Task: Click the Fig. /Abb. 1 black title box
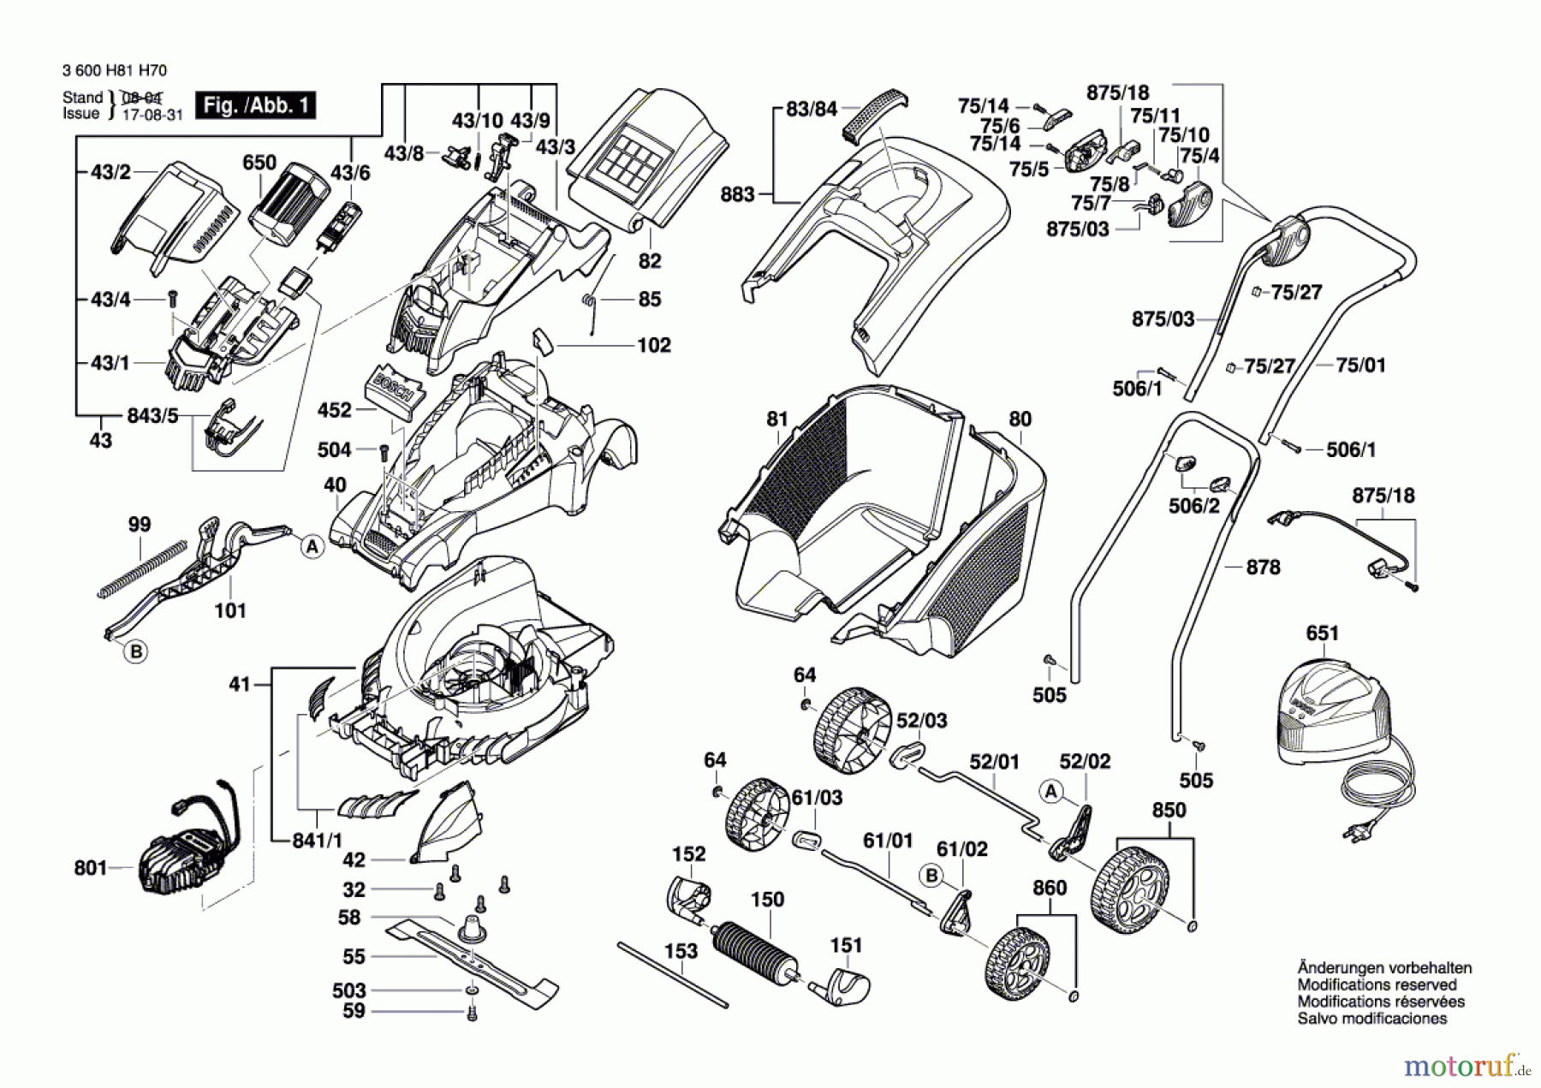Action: click(x=255, y=105)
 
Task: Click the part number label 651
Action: click(x=1322, y=633)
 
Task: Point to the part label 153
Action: click(x=681, y=950)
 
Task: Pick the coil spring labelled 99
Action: click(x=142, y=568)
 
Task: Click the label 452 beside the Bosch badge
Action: click(x=334, y=410)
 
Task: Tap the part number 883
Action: click(x=737, y=194)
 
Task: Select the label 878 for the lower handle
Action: click(x=1263, y=567)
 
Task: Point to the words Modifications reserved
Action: click(x=1377, y=984)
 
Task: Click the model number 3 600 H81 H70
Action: click(x=115, y=70)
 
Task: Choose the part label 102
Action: click(x=654, y=345)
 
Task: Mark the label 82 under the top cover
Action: click(x=650, y=261)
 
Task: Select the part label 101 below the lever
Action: click(x=230, y=610)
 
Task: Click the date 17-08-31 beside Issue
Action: click(x=152, y=114)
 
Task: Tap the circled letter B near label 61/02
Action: click(x=931, y=876)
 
